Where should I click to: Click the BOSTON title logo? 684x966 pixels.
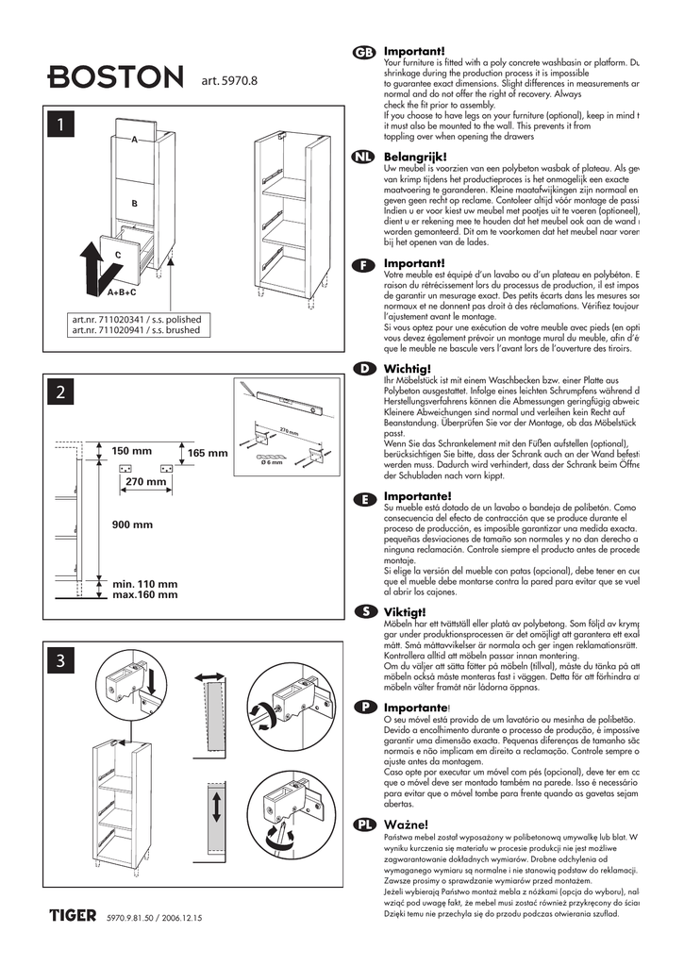click(x=116, y=77)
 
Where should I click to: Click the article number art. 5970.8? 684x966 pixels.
click(x=229, y=81)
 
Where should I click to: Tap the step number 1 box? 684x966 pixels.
click(x=61, y=124)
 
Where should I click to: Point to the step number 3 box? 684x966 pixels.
click(x=61, y=662)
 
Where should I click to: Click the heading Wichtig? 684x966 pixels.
click(x=408, y=368)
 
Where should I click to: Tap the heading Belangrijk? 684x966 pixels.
click(x=415, y=157)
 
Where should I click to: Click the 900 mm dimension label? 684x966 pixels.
click(x=133, y=525)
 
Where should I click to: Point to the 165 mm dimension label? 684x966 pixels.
click(x=208, y=454)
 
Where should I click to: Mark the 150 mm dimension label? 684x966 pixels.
click(x=133, y=451)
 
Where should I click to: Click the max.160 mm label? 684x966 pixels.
click(x=145, y=595)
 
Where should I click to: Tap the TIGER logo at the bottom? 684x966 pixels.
click(x=74, y=914)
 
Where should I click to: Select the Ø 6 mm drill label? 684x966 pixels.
click(x=271, y=462)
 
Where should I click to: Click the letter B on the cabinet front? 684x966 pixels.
click(x=135, y=203)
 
